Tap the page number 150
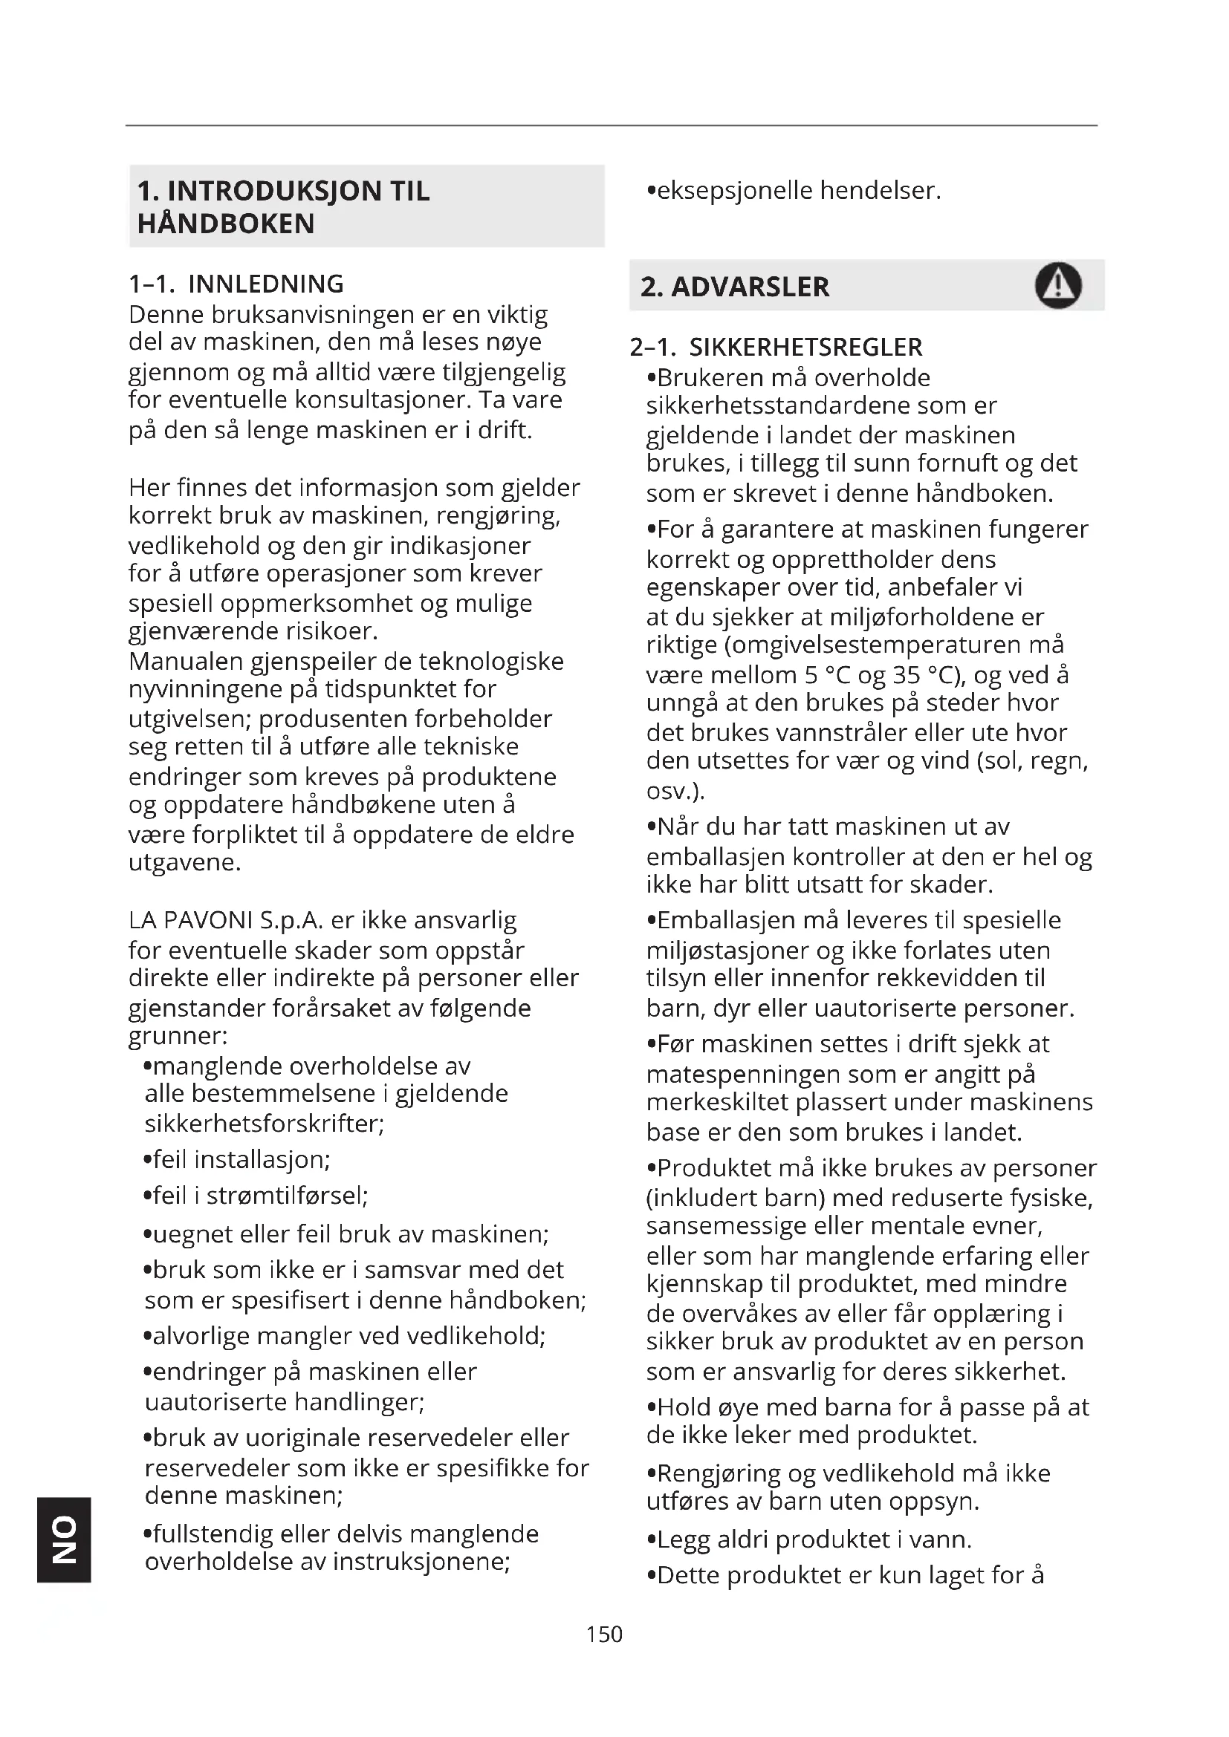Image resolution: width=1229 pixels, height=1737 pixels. click(604, 1634)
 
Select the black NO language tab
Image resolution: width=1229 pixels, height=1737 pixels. click(64, 1539)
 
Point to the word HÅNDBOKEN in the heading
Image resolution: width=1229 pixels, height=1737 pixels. click(226, 224)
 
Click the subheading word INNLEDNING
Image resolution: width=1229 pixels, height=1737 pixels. click(265, 284)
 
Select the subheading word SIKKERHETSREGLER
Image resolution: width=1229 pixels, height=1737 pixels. click(805, 348)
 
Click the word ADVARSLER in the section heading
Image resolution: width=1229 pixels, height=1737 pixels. click(750, 287)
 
